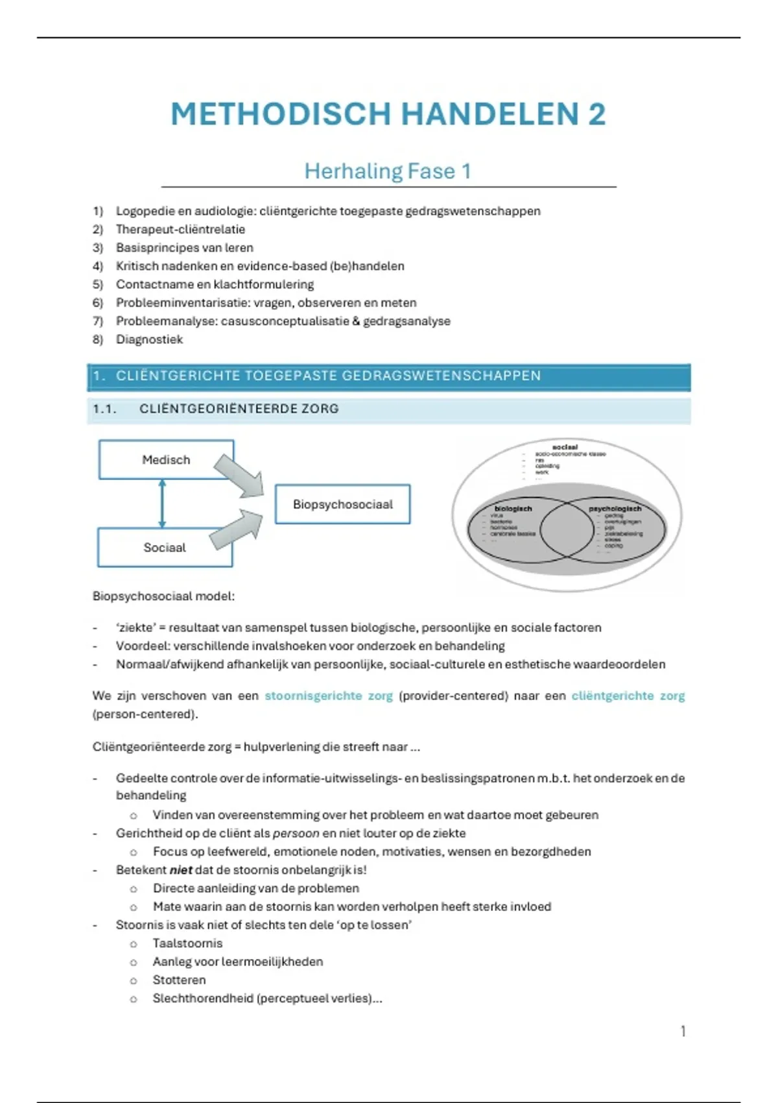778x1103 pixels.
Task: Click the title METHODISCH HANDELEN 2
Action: pyautogui.click(x=388, y=114)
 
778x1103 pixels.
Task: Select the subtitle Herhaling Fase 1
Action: pyautogui.click(x=388, y=171)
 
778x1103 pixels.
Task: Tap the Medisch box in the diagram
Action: pyautogui.click(x=166, y=460)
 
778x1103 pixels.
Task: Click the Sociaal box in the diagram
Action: pyautogui.click(x=165, y=548)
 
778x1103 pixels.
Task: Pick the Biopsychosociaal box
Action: pyautogui.click(x=342, y=504)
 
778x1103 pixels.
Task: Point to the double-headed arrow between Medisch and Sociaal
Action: pyautogui.click(x=162, y=503)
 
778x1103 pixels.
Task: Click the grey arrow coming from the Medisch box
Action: pyautogui.click(x=240, y=476)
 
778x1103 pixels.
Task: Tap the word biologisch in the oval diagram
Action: pyautogui.click(x=513, y=509)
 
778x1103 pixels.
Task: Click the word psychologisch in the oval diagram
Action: pyautogui.click(x=615, y=509)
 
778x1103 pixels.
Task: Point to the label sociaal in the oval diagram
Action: pyautogui.click(x=565, y=447)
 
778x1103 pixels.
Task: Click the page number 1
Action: pyautogui.click(x=683, y=1031)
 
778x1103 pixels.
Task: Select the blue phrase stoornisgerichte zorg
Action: pyautogui.click(x=329, y=696)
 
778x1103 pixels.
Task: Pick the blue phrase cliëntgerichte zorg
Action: pyautogui.click(x=628, y=696)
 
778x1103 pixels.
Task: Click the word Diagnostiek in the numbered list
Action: pyautogui.click(x=149, y=339)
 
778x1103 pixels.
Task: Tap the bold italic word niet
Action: pyautogui.click(x=181, y=870)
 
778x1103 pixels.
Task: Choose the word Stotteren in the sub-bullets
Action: pyautogui.click(x=179, y=980)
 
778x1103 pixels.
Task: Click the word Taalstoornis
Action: pyautogui.click(x=187, y=943)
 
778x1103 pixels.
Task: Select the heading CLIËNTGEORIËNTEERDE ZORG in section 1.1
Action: pyautogui.click(x=239, y=409)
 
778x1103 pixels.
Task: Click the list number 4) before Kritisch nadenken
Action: pyautogui.click(x=98, y=266)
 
